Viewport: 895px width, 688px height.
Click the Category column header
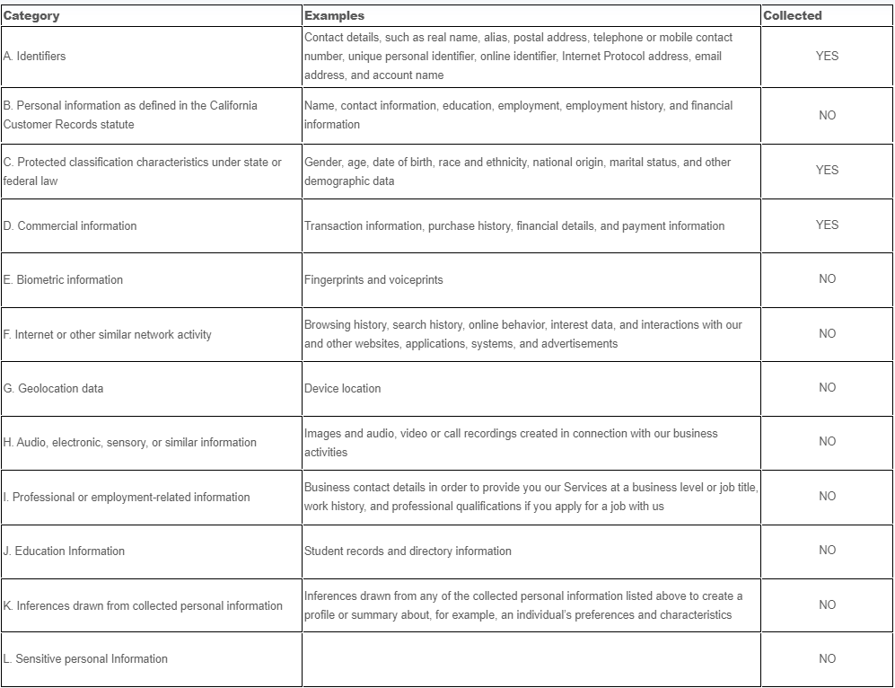pyautogui.click(x=32, y=15)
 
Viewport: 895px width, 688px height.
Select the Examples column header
pyautogui.click(x=334, y=15)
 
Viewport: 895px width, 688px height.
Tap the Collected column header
pyautogui.click(x=793, y=15)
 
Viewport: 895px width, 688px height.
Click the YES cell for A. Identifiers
pyautogui.click(x=827, y=56)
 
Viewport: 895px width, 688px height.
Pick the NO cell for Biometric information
pyautogui.click(x=827, y=279)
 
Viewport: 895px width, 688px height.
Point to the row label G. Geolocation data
pyautogui.click(x=54, y=389)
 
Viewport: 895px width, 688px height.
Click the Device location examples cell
pyautogui.click(x=342, y=389)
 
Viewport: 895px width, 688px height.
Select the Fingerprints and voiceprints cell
pyautogui.click(x=373, y=280)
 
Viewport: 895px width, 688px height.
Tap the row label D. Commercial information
pyautogui.click(x=70, y=226)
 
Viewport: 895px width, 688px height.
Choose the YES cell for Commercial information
pyautogui.click(x=827, y=225)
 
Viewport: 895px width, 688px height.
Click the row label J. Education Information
pyautogui.click(x=64, y=551)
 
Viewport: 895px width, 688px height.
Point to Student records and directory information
pyautogui.click(x=408, y=551)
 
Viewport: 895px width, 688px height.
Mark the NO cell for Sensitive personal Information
pyautogui.click(x=827, y=659)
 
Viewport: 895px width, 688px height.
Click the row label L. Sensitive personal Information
pyautogui.click(x=85, y=659)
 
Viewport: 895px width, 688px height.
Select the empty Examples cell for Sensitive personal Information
pyautogui.click(x=531, y=659)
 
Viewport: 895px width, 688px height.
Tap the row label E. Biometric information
pyautogui.click(x=63, y=280)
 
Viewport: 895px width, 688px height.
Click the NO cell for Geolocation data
pyautogui.click(x=827, y=388)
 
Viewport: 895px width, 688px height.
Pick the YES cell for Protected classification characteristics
pyautogui.click(x=827, y=170)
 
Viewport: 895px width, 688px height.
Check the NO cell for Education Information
pyautogui.click(x=827, y=551)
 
